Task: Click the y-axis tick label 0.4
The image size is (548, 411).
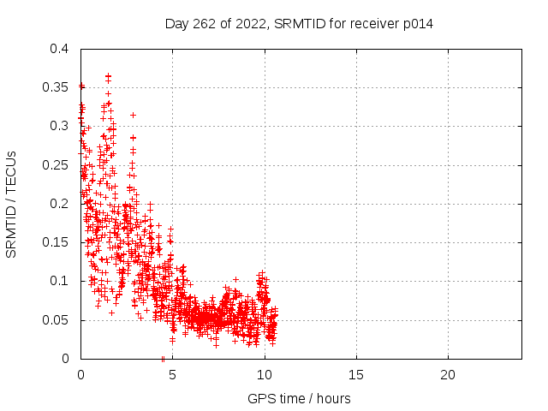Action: tap(59, 49)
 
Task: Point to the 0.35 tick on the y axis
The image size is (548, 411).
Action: tap(55, 87)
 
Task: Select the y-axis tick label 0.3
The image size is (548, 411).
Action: tap(59, 126)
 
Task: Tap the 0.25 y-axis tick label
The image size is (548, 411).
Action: tap(55, 165)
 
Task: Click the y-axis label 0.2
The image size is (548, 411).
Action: tap(59, 204)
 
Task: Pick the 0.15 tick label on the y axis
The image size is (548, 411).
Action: tap(55, 242)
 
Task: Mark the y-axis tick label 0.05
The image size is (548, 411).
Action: tap(55, 320)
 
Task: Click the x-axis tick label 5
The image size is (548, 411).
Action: tap(172, 375)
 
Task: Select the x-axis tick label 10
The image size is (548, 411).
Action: tap(265, 375)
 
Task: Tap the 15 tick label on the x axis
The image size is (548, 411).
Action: tap(356, 375)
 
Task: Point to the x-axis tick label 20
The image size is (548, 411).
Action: tap(448, 375)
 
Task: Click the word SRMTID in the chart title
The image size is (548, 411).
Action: tap(300, 24)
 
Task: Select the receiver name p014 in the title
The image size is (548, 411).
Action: tap(418, 24)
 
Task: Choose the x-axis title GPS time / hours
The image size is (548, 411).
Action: tap(299, 399)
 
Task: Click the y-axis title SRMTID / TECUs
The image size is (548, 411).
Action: tap(11, 205)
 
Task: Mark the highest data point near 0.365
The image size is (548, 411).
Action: tap(109, 76)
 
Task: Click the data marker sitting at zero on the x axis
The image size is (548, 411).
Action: tap(163, 359)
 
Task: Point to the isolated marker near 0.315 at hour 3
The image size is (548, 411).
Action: tap(133, 115)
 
